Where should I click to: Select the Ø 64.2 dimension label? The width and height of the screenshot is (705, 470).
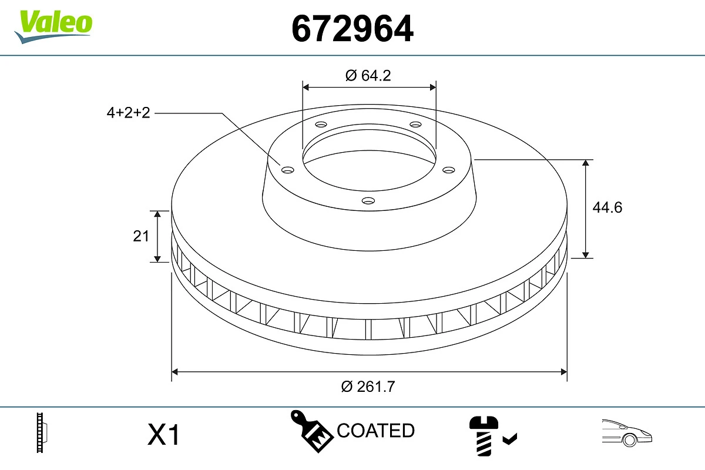coord(368,75)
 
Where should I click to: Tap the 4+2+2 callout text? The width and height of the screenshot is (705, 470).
coord(129,113)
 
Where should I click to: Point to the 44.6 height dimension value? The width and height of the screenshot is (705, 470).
coord(606,207)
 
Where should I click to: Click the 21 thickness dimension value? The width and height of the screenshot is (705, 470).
coord(141,236)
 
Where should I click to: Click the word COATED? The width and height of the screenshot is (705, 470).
coord(375,431)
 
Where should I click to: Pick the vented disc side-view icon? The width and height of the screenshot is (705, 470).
coord(42,433)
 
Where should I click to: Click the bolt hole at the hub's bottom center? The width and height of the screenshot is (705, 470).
coord(368,201)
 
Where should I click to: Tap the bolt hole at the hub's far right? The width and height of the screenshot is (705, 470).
coord(449,170)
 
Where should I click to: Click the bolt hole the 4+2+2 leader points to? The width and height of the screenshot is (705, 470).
coord(287,170)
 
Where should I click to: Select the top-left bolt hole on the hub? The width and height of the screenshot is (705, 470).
coord(320,125)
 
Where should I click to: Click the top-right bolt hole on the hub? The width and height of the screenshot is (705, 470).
coord(416,125)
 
